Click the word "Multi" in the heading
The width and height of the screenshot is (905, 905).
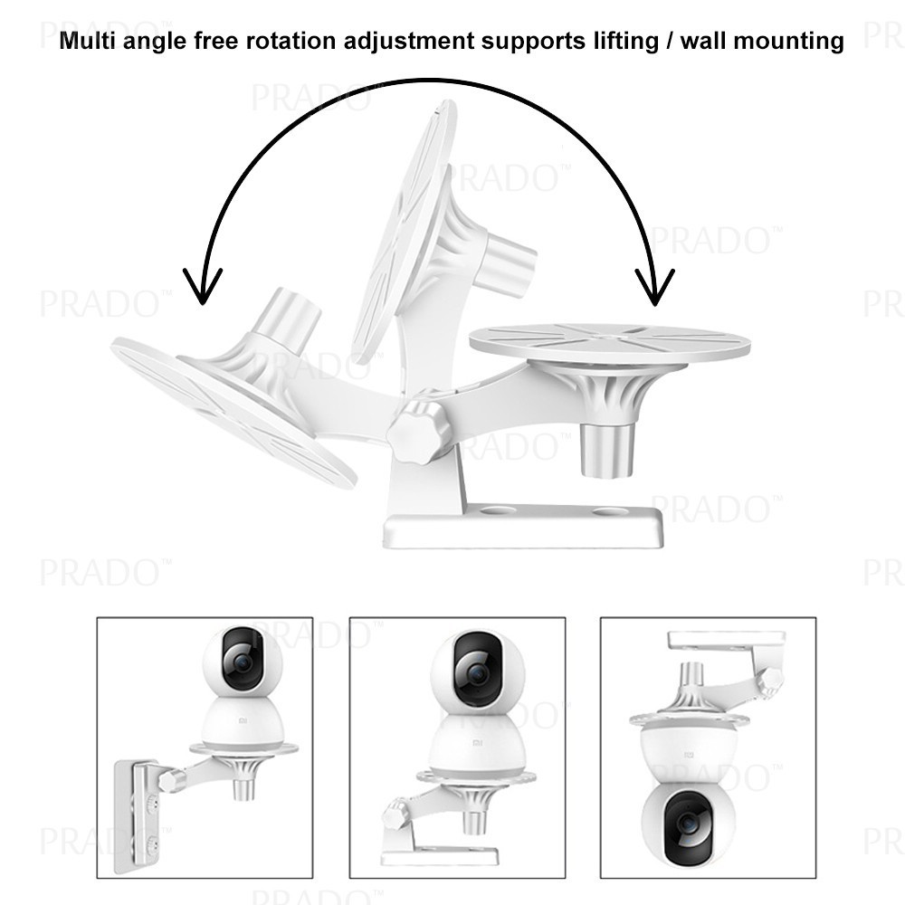click(x=86, y=42)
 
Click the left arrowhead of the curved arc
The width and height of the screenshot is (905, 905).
click(x=202, y=288)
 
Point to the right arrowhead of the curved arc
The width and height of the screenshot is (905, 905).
click(x=653, y=288)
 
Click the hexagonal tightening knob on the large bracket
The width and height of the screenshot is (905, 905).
click(x=419, y=431)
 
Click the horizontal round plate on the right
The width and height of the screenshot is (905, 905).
click(x=609, y=343)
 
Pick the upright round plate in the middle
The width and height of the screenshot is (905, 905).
click(x=404, y=226)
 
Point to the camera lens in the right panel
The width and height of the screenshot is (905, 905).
click(x=689, y=824)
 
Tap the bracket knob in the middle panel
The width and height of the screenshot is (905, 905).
click(x=394, y=814)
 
